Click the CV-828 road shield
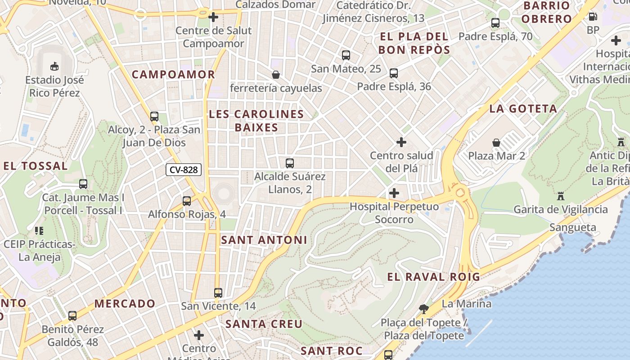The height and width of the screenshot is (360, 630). pyautogui.click(x=184, y=170)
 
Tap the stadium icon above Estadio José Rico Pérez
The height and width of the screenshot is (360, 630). pyautogui.click(x=54, y=67)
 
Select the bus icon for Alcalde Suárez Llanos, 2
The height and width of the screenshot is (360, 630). pyautogui.click(x=290, y=163)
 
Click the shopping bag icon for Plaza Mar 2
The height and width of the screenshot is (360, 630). pyautogui.click(x=496, y=143)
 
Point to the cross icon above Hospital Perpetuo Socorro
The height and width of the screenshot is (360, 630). pyautogui.click(x=394, y=193)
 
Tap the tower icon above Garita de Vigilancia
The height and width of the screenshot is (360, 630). pyautogui.click(x=560, y=196)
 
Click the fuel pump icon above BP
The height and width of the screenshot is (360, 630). pyautogui.click(x=593, y=17)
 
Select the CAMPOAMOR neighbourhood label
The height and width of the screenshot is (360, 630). pyautogui.click(x=173, y=74)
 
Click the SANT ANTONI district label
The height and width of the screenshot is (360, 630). pyautogui.click(x=264, y=240)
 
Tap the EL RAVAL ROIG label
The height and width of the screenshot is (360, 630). pyautogui.click(x=434, y=276)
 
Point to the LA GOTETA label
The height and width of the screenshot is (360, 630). pyautogui.click(x=523, y=108)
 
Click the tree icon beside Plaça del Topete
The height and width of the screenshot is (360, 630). pyautogui.click(x=423, y=309)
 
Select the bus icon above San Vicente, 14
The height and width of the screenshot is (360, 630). pyautogui.click(x=218, y=292)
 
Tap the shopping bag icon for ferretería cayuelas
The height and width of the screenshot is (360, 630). pyautogui.click(x=275, y=74)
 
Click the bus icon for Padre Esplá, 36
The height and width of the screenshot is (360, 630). pyautogui.click(x=394, y=73)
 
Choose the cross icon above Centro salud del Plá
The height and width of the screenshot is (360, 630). pyautogui.click(x=401, y=142)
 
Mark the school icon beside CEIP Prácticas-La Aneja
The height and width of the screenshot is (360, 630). pyautogui.click(x=39, y=231)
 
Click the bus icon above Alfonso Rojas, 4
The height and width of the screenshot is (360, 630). pyautogui.click(x=187, y=201)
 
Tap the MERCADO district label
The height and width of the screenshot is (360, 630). pyautogui.click(x=125, y=303)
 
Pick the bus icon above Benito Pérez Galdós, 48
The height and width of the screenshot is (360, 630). pyautogui.click(x=72, y=315)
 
